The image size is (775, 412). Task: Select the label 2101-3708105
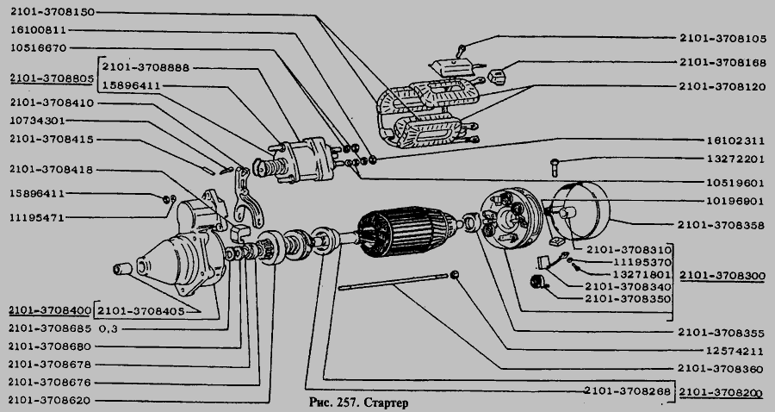[722, 39]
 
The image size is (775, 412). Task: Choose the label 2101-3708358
[722, 225]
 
